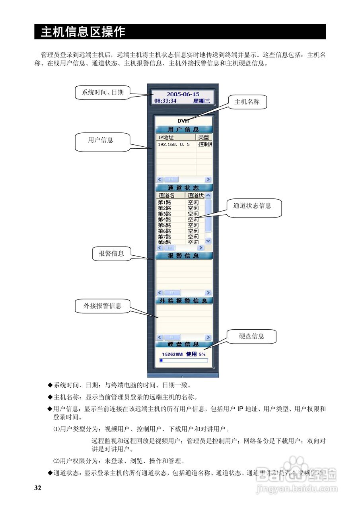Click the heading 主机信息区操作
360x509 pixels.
pyautogui.click(x=83, y=32)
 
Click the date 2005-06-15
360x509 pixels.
pyautogui.click(x=183, y=94)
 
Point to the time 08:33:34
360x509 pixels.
pyautogui.click(x=165, y=101)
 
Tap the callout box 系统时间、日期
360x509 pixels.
pyautogui.click(x=103, y=92)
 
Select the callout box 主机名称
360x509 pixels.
pyautogui.click(x=247, y=102)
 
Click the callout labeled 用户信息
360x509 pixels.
pyautogui.click(x=100, y=140)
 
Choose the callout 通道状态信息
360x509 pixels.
pyautogui.click(x=252, y=206)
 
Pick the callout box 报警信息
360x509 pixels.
pyautogui.click(x=111, y=254)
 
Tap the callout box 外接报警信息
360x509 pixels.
pyautogui.click(x=102, y=306)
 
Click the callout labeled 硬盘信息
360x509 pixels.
pyautogui.click(x=251, y=336)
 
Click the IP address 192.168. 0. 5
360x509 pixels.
pyautogui.click(x=174, y=144)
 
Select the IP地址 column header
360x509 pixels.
pyautogui.click(x=175, y=137)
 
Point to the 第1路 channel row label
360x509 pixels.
pyautogui.click(x=164, y=202)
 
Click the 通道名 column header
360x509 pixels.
pyautogui.click(x=170, y=195)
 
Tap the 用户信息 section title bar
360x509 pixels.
pyautogui.click(x=183, y=129)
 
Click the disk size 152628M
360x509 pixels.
pyautogui.click(x=172, y=354)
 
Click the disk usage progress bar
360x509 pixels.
pyautogui.click(x=183, y=360)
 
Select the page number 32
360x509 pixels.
pyautogui.click(x=38, y=488)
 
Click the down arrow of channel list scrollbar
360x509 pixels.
pyautogui.click(x=208, y=241)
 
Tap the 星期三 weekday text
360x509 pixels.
pyautogui.click(x=202, y=101)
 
